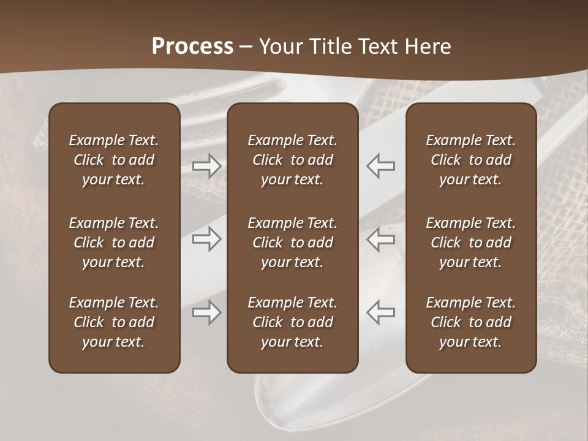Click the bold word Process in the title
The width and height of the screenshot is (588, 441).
tap(192, 47)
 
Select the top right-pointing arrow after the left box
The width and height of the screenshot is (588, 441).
tap(206, 166)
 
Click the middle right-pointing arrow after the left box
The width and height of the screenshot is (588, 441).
tap(206, 239)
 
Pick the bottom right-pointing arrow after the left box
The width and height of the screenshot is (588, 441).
tap(206, 312)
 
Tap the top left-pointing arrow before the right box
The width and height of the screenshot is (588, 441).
tap(380, 166)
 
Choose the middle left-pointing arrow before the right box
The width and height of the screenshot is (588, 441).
tap(380, 239)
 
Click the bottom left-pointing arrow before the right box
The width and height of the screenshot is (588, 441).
tap(380, 312)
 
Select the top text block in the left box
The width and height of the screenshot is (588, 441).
tap(114, 160)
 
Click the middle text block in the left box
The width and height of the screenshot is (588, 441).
tap(114, 243)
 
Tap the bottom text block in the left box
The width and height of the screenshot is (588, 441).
tap(114, 322)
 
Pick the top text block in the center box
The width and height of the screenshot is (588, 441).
tap(292, 160)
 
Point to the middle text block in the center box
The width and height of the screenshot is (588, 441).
tap(292, 243)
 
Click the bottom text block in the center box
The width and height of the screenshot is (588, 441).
tap(292, 322)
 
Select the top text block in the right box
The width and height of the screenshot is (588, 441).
tap(470, 160)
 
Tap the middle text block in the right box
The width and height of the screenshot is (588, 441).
tap(470, 243)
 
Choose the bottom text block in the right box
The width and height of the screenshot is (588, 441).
tap(470, 322)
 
